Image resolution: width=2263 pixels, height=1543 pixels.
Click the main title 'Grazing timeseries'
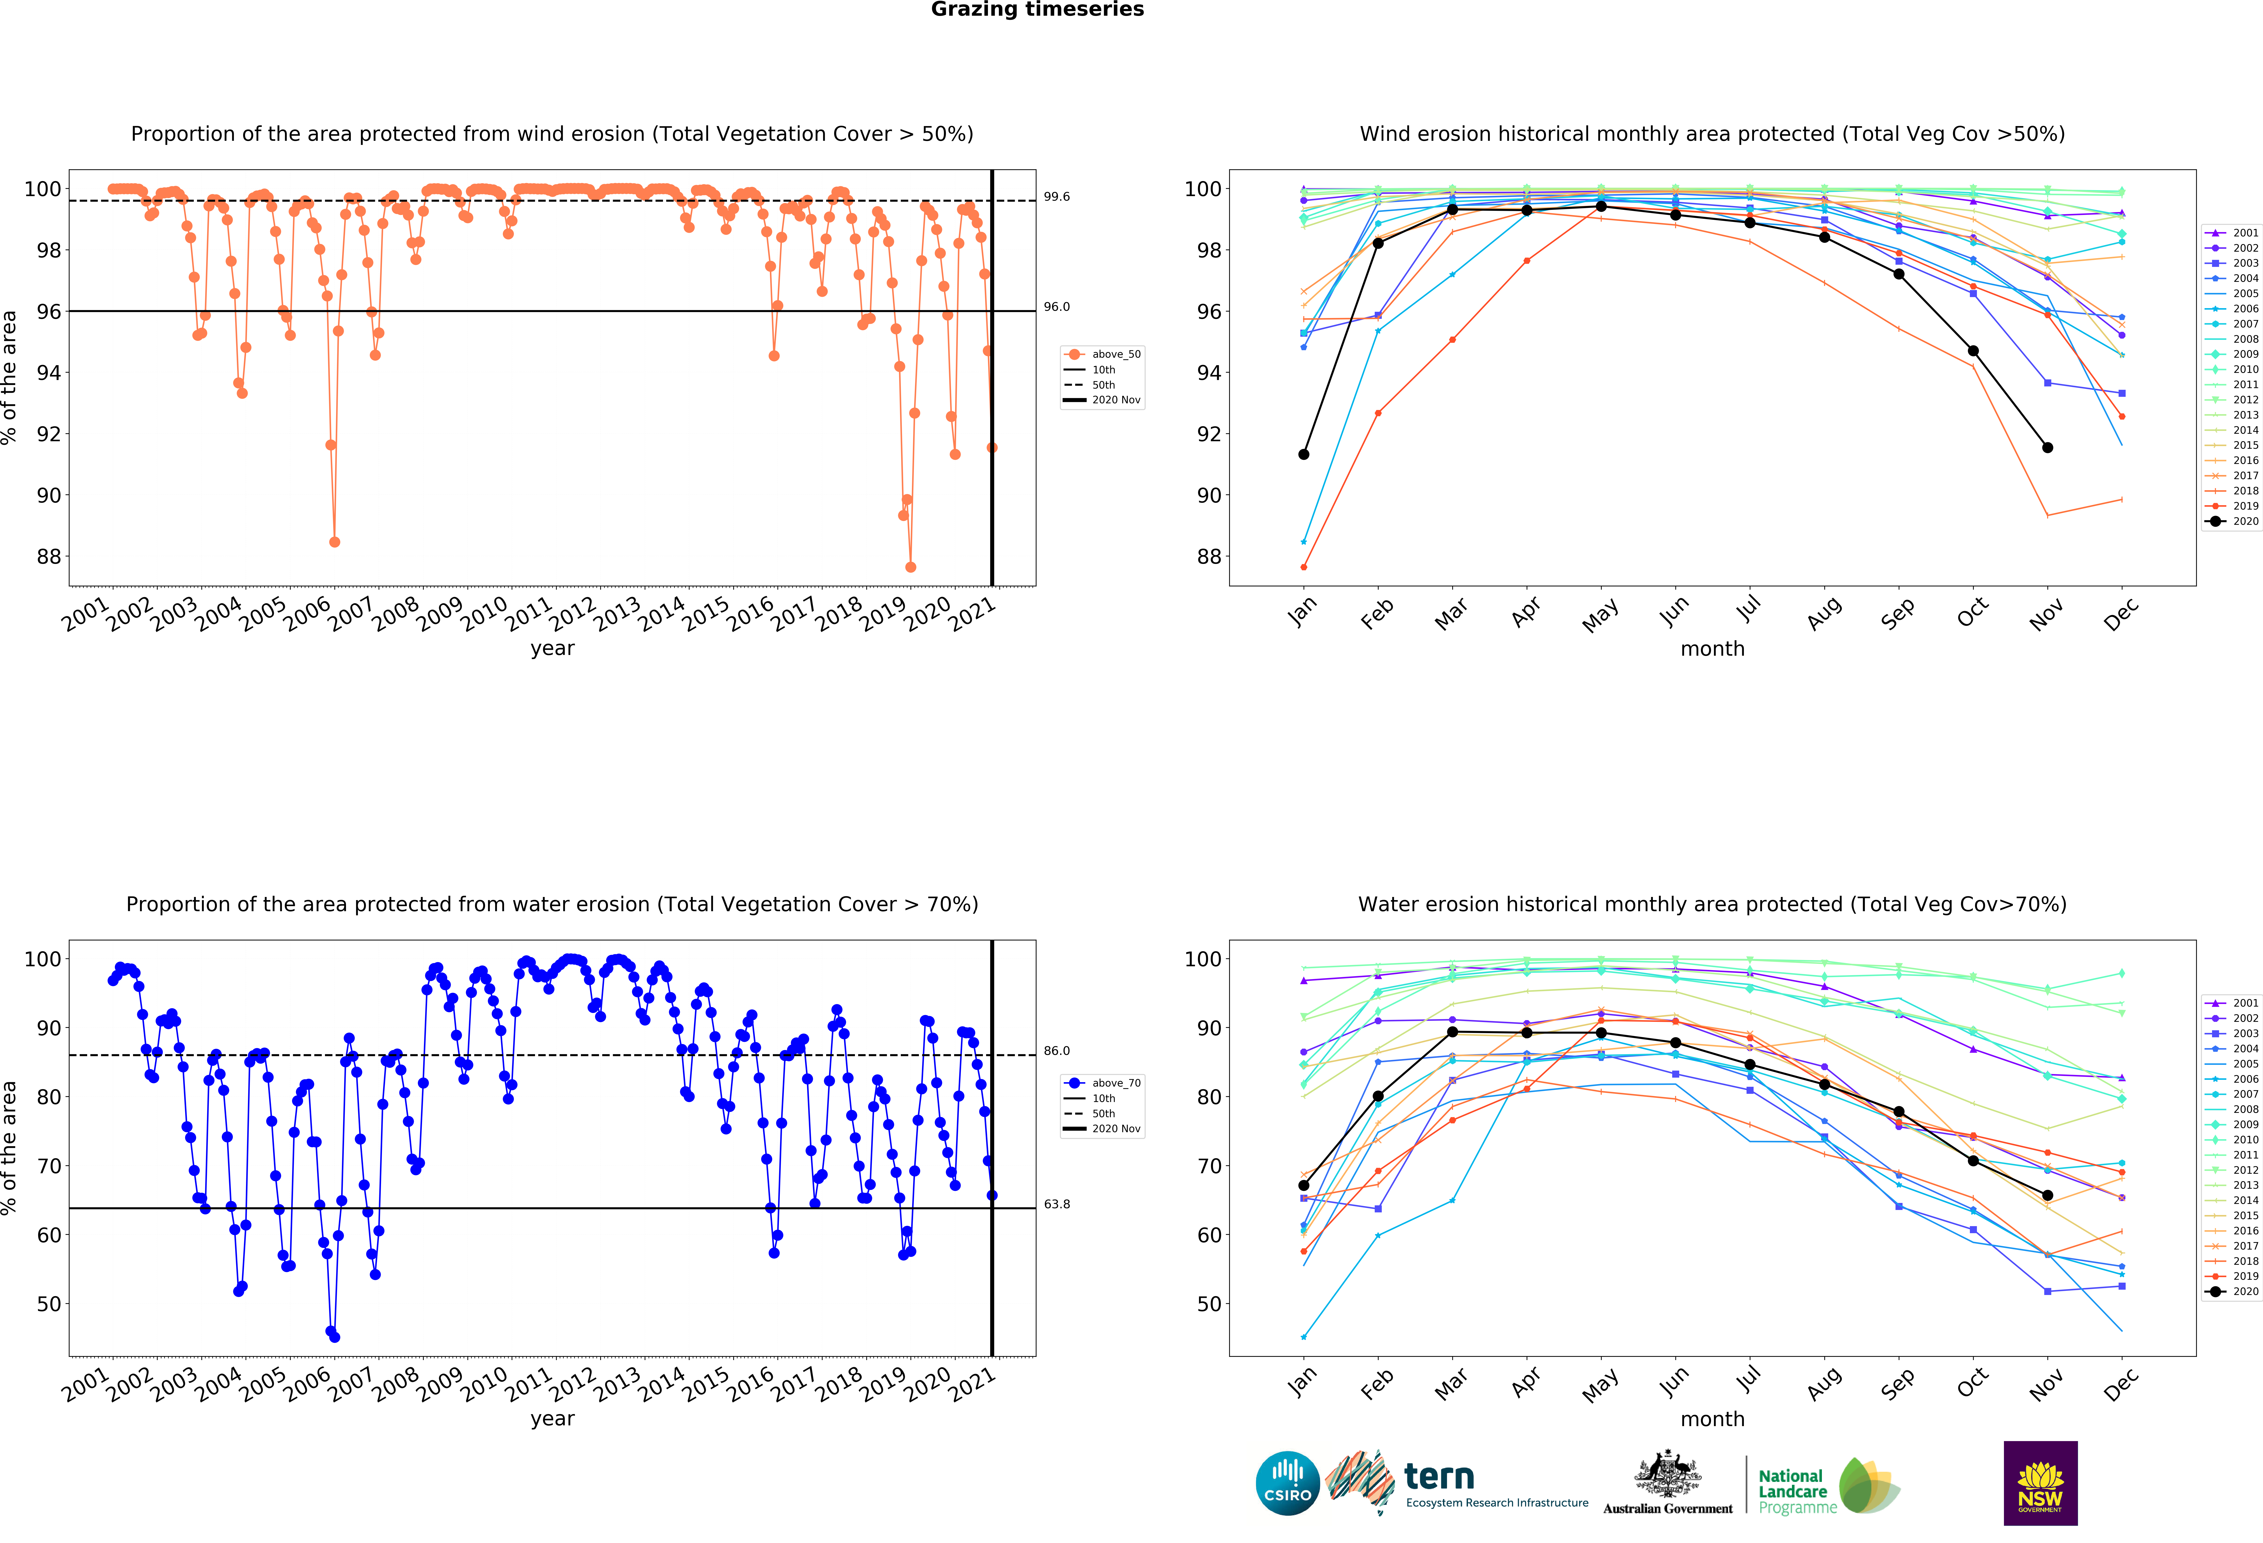(1037, 10)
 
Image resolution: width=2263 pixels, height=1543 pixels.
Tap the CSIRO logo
(1287, 1484)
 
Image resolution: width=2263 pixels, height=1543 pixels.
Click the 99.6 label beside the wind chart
(1057, 197)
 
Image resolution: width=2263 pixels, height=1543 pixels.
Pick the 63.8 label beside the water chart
(1057, 1204)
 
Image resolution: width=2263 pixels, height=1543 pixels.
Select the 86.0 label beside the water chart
(1057, 1051)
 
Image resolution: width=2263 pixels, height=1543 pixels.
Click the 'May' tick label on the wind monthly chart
(1600, 616)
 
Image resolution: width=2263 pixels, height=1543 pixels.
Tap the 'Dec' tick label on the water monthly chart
(2121, 1384)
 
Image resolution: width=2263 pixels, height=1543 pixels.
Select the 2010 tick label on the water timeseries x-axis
(484, 1384)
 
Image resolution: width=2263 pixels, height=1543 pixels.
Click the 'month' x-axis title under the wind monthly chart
(1712, 649)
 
